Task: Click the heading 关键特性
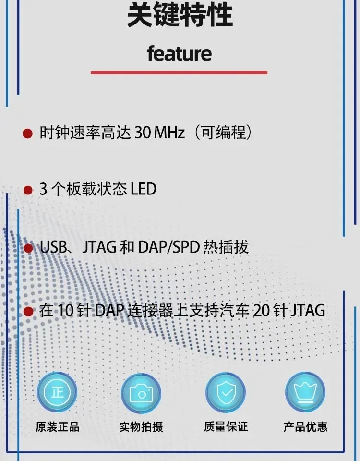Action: [180, 15]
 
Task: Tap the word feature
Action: [179, 53]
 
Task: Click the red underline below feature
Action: [179, 73]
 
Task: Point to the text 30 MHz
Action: [159, 133]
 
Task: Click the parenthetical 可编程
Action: [223, 133]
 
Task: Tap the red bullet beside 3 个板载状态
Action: [28, 190]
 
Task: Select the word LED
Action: [144, 189]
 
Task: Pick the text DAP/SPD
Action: [169, 247]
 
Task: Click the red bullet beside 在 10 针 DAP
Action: [28, 311]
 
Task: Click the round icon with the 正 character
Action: [57, 392]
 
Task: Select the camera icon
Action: [141, 393]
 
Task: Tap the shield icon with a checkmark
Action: [226, 392]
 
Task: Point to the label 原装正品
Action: [57, 427]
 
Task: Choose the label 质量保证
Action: [226, 426]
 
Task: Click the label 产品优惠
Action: [305, 427]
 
